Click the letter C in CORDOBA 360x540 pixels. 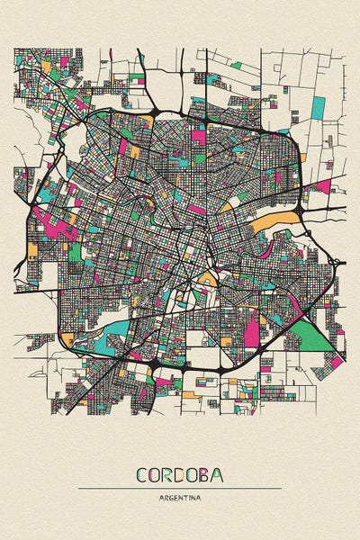(x=142, y=475)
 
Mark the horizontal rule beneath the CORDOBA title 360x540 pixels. (x=180, y=489)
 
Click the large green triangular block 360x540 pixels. (x=309, y=337)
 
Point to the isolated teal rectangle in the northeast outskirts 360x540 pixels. (x=318, y=107)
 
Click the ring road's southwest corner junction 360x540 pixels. (x=65, y=338)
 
